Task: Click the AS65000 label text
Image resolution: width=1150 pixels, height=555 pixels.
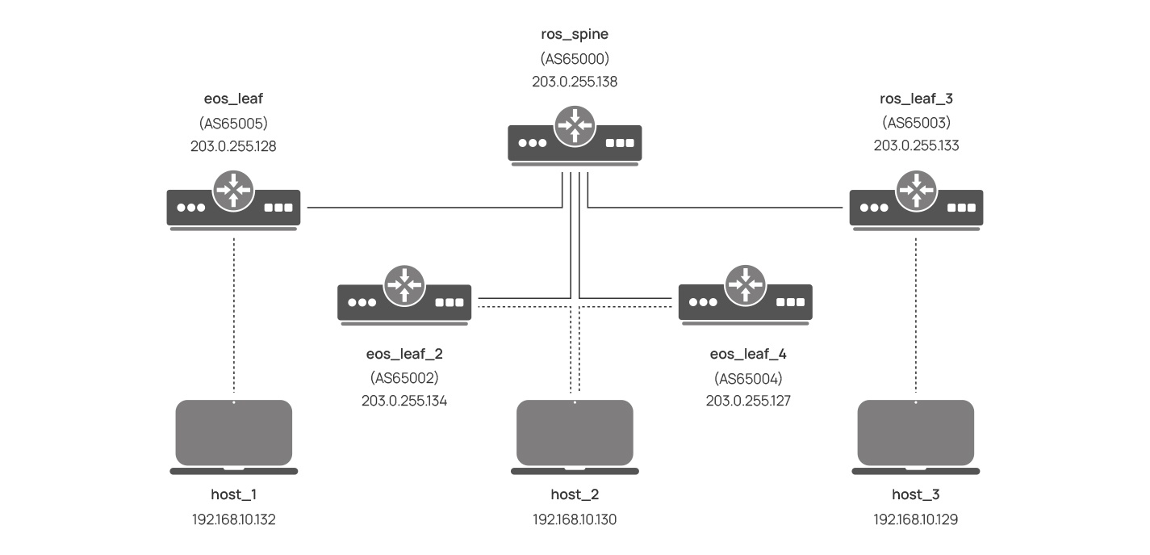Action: pyautogui.click(x=575, y=58)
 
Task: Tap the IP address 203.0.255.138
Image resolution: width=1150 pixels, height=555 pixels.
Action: pyautogui.click(x=575, y=82)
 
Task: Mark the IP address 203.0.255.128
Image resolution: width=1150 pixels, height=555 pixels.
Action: pyautogui.click(x=234, y=146)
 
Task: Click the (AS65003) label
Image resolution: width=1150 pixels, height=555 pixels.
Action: pyautogui.click(x=916, y=123)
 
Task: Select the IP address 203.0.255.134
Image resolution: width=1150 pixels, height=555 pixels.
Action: pyautogui.click(x=404, y=401)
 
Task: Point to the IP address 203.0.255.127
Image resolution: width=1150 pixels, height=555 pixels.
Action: pyautogui.click(x=745, y=401)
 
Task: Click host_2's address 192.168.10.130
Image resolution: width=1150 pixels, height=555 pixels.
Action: pyautogui.click(x=575, y=519)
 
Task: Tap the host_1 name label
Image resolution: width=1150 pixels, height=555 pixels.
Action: pyautogui.click(x=234, y=494)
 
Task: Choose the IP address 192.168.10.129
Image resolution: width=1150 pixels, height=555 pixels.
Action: pyautogui.click(x=916, y=519)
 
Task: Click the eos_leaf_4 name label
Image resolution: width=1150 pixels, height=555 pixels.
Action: pyautogui.click(x=745, y=354)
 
